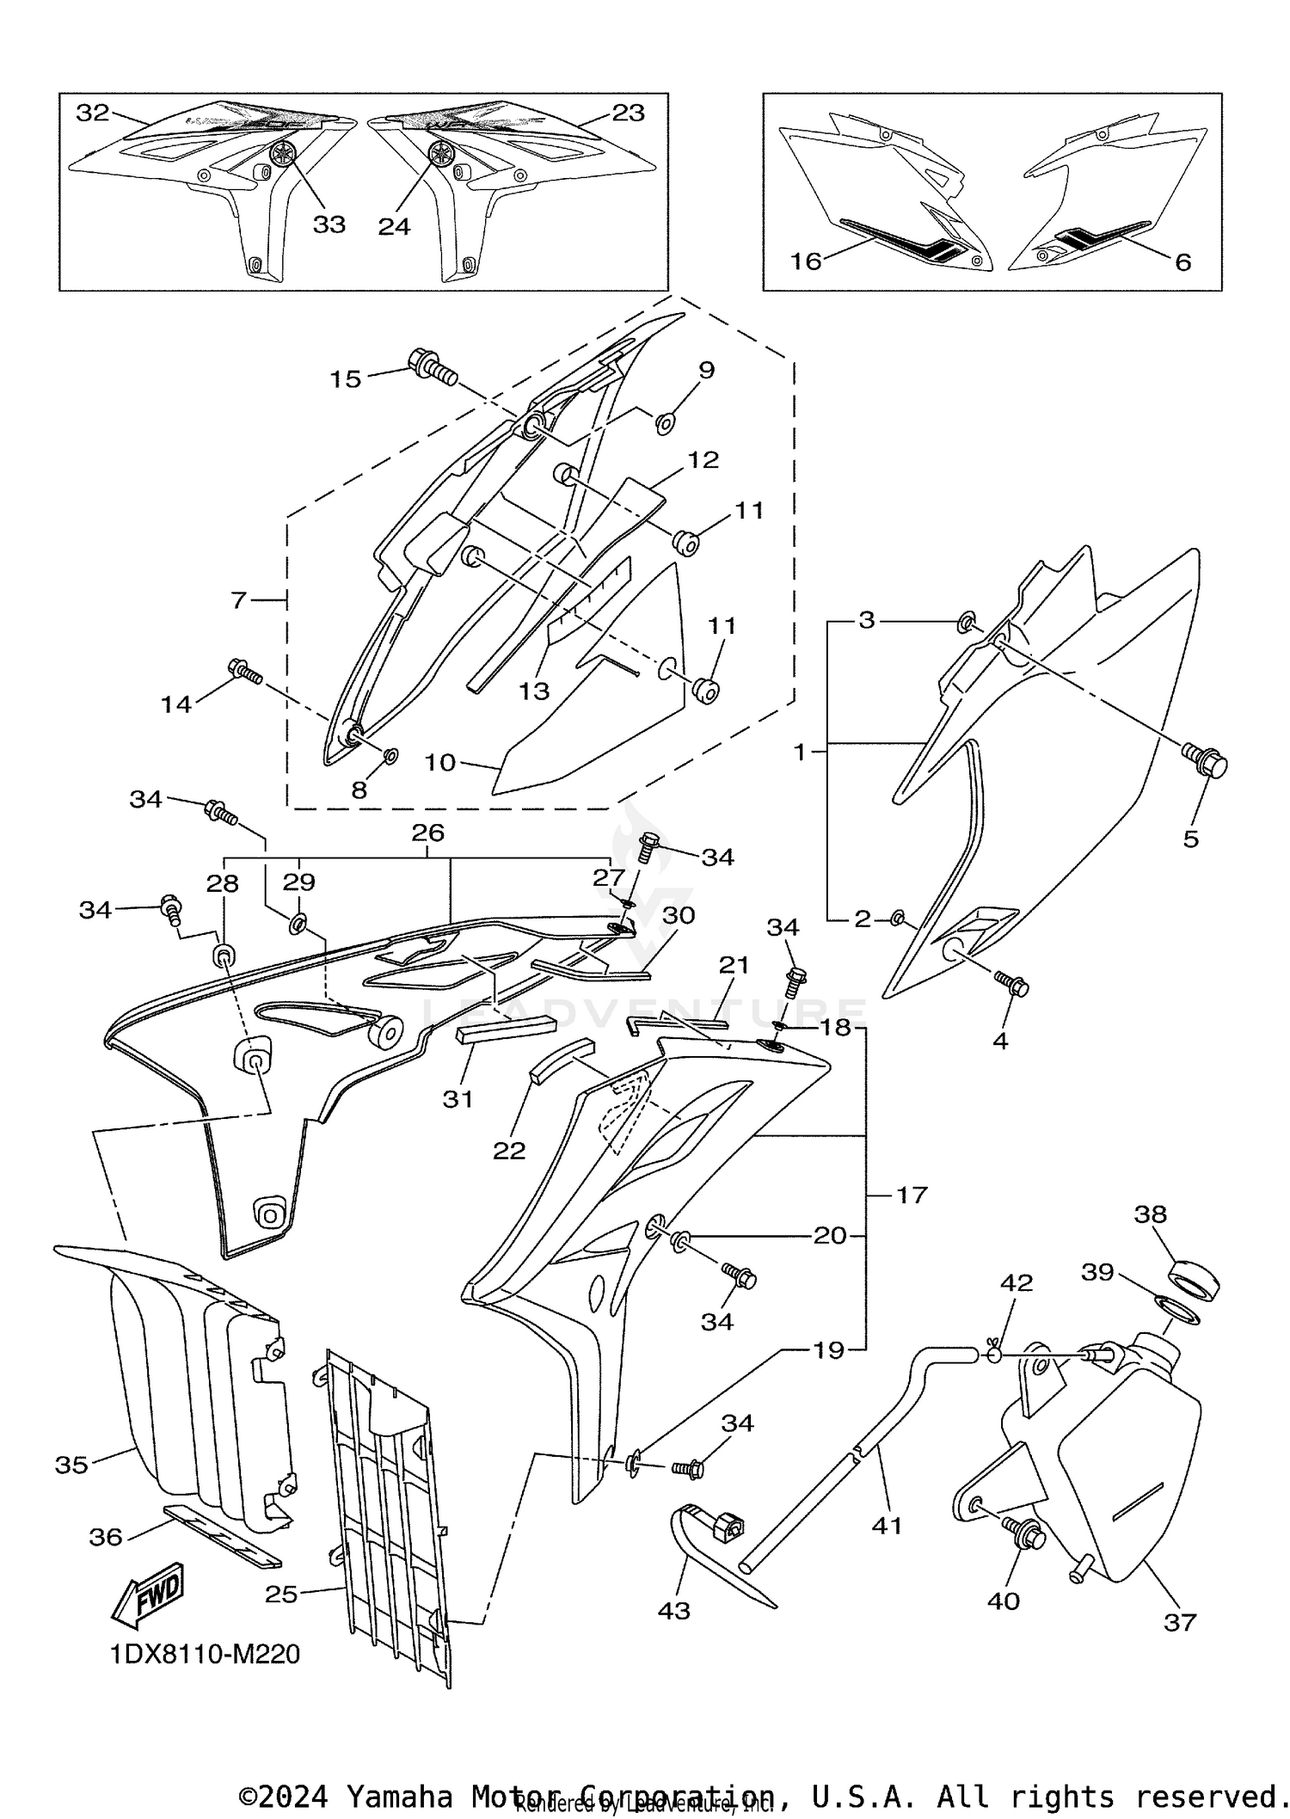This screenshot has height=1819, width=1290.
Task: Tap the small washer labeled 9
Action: tap(666, 422)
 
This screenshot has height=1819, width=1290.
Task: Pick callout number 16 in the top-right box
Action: tap(806, 261)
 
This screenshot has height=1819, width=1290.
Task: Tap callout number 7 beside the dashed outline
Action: tap(239, 599)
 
